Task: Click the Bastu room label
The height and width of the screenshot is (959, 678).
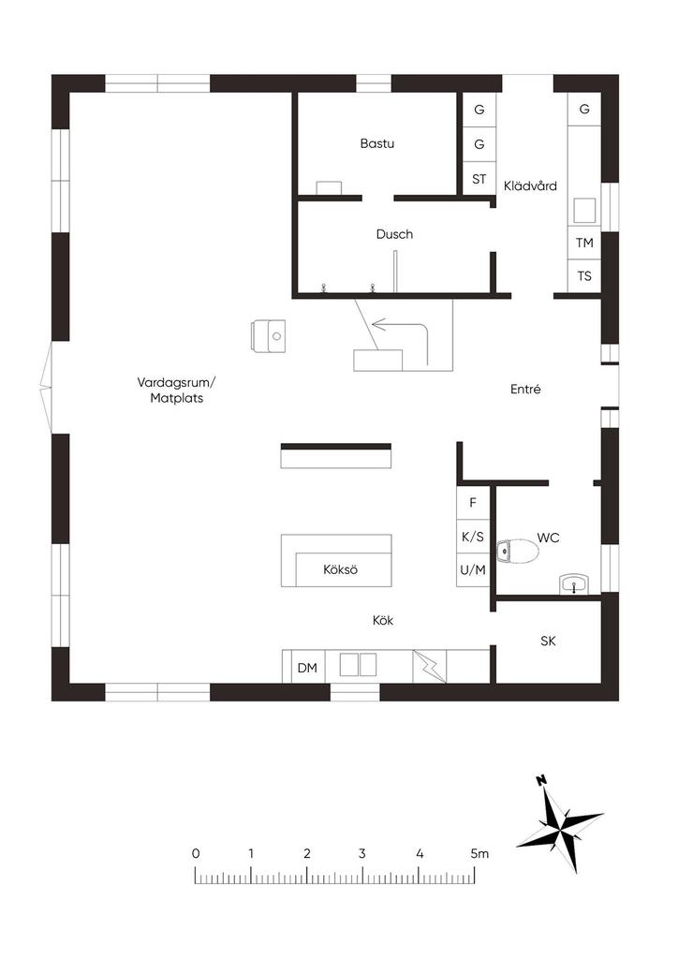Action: pyautogui.click(x=376, y=143)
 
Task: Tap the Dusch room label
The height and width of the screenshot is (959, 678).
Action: pyautogui.click(x=394, y=234)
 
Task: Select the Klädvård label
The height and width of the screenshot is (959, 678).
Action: pyautogui.click(x=530, y=186)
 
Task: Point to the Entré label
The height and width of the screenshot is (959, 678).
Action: pyautogui.click(x=525, y=389)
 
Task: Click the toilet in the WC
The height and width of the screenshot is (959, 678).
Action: pyautogui.click(x=517, y=551)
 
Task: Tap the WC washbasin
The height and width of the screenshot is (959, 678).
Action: pyautogui.click(x=574, y=584)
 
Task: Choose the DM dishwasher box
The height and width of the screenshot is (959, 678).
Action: pyautogui.click(x=307, y=668)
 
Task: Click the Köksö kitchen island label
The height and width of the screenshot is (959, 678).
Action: pyautogui.click(x=341, y=570)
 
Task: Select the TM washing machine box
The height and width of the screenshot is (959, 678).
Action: pyautogui.click(x=583, y=243)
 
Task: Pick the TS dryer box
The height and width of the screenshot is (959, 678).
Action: pyautogui.click(x=583, y=276)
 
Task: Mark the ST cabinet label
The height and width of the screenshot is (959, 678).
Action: pyautogui.click(x=479, y=179)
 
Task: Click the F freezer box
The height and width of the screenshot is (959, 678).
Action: pyautogui.click(x=473, y=503)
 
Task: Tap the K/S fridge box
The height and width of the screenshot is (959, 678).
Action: pyautogui.click(x=473, y=537)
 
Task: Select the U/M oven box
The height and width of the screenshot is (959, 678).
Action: pyautogui.click(x=473, y=570)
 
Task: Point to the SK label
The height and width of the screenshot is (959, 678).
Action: pyautogui.click(x=548, y=641)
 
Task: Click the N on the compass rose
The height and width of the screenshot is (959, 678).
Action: pyautogui.click(x=540, y=780)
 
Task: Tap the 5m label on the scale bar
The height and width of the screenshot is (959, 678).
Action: pyautogui.click(x=479, y=853)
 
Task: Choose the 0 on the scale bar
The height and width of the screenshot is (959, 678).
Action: pyautogui.click(x=196, y=853)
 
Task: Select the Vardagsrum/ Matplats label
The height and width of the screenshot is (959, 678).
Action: pyautogui.click(x=177, y=391)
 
